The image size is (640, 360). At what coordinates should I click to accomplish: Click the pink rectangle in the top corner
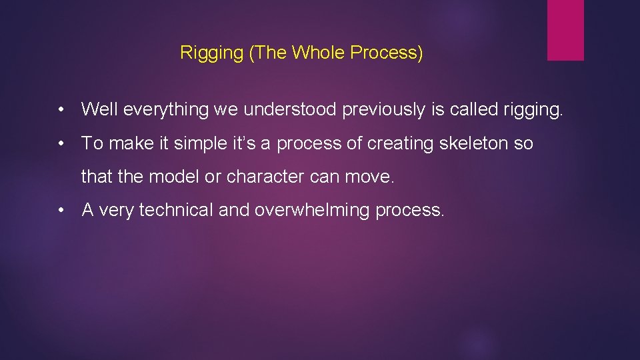tap(565, 30)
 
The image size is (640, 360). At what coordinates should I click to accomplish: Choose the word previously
tap(383, 110)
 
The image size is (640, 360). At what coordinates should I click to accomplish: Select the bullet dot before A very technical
tap(61, 210)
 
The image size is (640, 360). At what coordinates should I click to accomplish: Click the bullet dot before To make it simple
tap(61, 143)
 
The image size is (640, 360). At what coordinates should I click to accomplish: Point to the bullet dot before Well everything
tap(61, 110)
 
